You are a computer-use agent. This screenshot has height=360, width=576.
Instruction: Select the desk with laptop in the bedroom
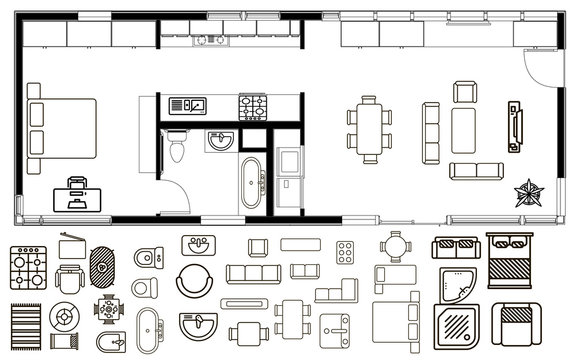pyautogui.click(x=78, y=191)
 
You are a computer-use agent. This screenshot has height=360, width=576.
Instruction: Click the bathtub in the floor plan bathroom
pyautogui.click(x=249, y=182)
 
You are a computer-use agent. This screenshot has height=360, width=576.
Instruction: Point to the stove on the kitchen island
pyautogui.click(x=252, y=104)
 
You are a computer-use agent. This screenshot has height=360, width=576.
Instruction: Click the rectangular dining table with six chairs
pyautogui.click(x=371, y=128)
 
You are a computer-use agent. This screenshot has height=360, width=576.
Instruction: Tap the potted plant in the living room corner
pyautogui.click(x=526, y=192)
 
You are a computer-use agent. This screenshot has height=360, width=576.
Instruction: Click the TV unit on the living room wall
pyautogui.click(x=515, y=127)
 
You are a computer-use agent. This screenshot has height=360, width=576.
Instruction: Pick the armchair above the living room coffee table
pyautogui.click(x=465, y=94)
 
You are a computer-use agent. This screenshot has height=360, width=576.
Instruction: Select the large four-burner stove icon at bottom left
pyautogui.click(x=24, y=266)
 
